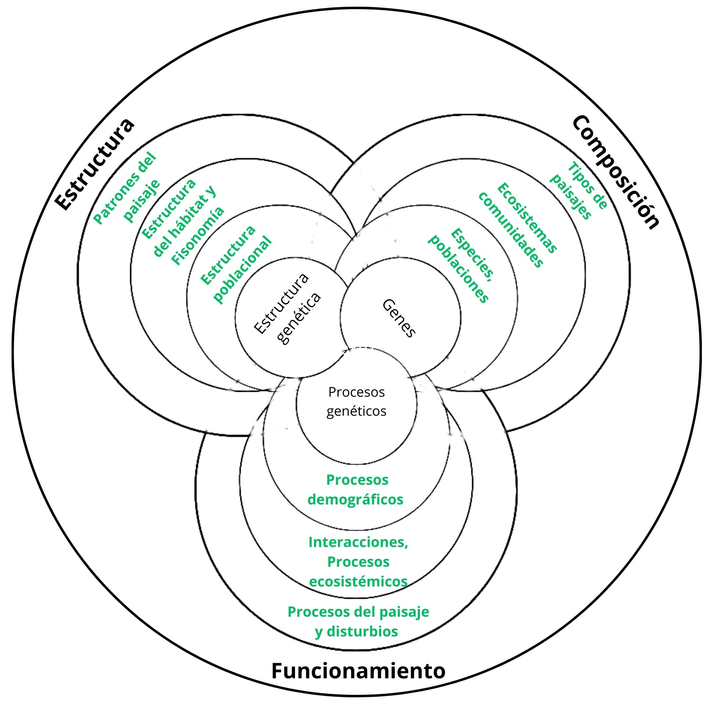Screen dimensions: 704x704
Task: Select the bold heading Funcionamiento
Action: click(x=358, y=671)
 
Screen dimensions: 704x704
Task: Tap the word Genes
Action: click(x=399, y=318)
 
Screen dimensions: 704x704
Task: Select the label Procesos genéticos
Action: click(x=356, y=402)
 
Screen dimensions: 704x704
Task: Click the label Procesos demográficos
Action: click(x=356, y=490)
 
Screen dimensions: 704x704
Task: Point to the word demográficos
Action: click(x=356, y=499)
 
